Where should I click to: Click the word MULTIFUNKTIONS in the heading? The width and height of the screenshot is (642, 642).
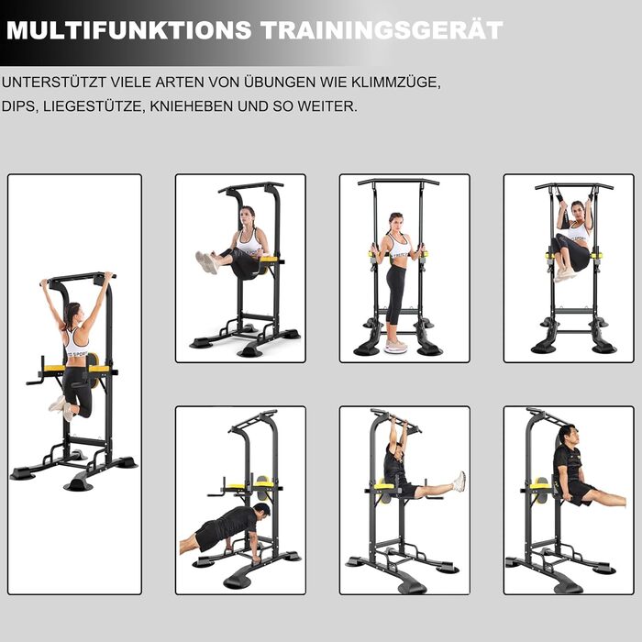[129, 30]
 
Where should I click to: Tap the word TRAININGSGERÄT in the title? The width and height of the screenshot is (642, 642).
[382, 29]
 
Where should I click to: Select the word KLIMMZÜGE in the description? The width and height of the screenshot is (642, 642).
[396, 83]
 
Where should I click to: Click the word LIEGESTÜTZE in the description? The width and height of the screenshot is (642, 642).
[93, 106]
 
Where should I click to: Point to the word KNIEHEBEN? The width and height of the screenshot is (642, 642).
[191, 106]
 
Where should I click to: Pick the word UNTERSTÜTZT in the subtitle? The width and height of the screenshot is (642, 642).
[54, 82]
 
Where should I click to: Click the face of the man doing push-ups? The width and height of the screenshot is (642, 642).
[263, 513]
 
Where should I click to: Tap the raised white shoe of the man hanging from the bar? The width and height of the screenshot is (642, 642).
[459, 481]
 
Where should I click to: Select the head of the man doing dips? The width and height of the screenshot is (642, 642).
[570, 436]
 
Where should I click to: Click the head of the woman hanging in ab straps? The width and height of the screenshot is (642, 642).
[578, 210]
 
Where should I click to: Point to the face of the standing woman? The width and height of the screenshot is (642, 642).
[395, 223]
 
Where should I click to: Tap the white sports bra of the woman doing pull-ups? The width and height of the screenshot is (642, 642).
[76, 343]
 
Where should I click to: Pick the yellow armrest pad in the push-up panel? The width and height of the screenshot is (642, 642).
[238, 486]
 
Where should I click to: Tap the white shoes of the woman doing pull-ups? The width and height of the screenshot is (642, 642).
[61, 408]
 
